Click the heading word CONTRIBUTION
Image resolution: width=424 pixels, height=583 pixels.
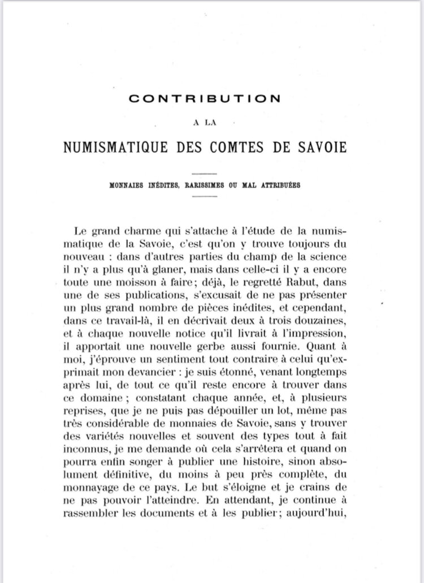204,98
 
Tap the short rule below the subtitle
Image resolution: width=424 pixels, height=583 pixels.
204,195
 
